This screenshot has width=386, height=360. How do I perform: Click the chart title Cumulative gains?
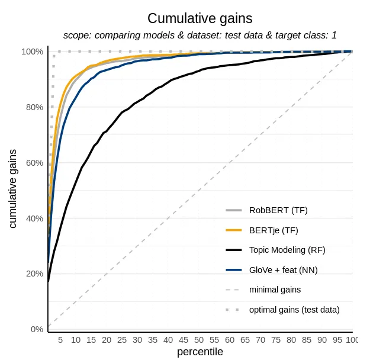[200, 18]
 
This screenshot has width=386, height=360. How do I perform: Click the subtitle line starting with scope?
[200, 36]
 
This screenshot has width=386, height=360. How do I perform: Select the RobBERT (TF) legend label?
[278, 210]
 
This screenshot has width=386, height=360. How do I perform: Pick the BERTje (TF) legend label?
[274, 230]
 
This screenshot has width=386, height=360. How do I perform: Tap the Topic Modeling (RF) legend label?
[287, 250]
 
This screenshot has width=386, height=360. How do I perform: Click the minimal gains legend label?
[275, 290]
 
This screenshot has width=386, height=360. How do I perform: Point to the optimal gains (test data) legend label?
[294, 310]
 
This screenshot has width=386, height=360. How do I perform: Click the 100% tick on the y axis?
[33, 52]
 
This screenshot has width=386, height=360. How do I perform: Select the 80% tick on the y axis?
[34, 107]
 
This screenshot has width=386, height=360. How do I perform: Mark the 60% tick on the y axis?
[34, 163]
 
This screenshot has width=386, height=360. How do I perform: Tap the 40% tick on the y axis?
[34, 218]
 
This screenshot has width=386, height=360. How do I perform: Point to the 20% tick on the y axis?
[34, 274]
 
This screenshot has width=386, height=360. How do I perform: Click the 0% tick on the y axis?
[37, 329]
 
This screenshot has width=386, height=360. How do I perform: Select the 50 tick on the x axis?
[199, 340]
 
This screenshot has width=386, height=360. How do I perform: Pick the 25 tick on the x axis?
[122, 340]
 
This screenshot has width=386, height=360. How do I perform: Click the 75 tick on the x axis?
[275, 340]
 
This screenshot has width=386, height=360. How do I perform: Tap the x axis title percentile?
[200, 352]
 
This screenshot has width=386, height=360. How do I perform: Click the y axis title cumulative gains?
[13, 188]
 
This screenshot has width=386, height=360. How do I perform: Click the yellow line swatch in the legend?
[234, 230]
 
